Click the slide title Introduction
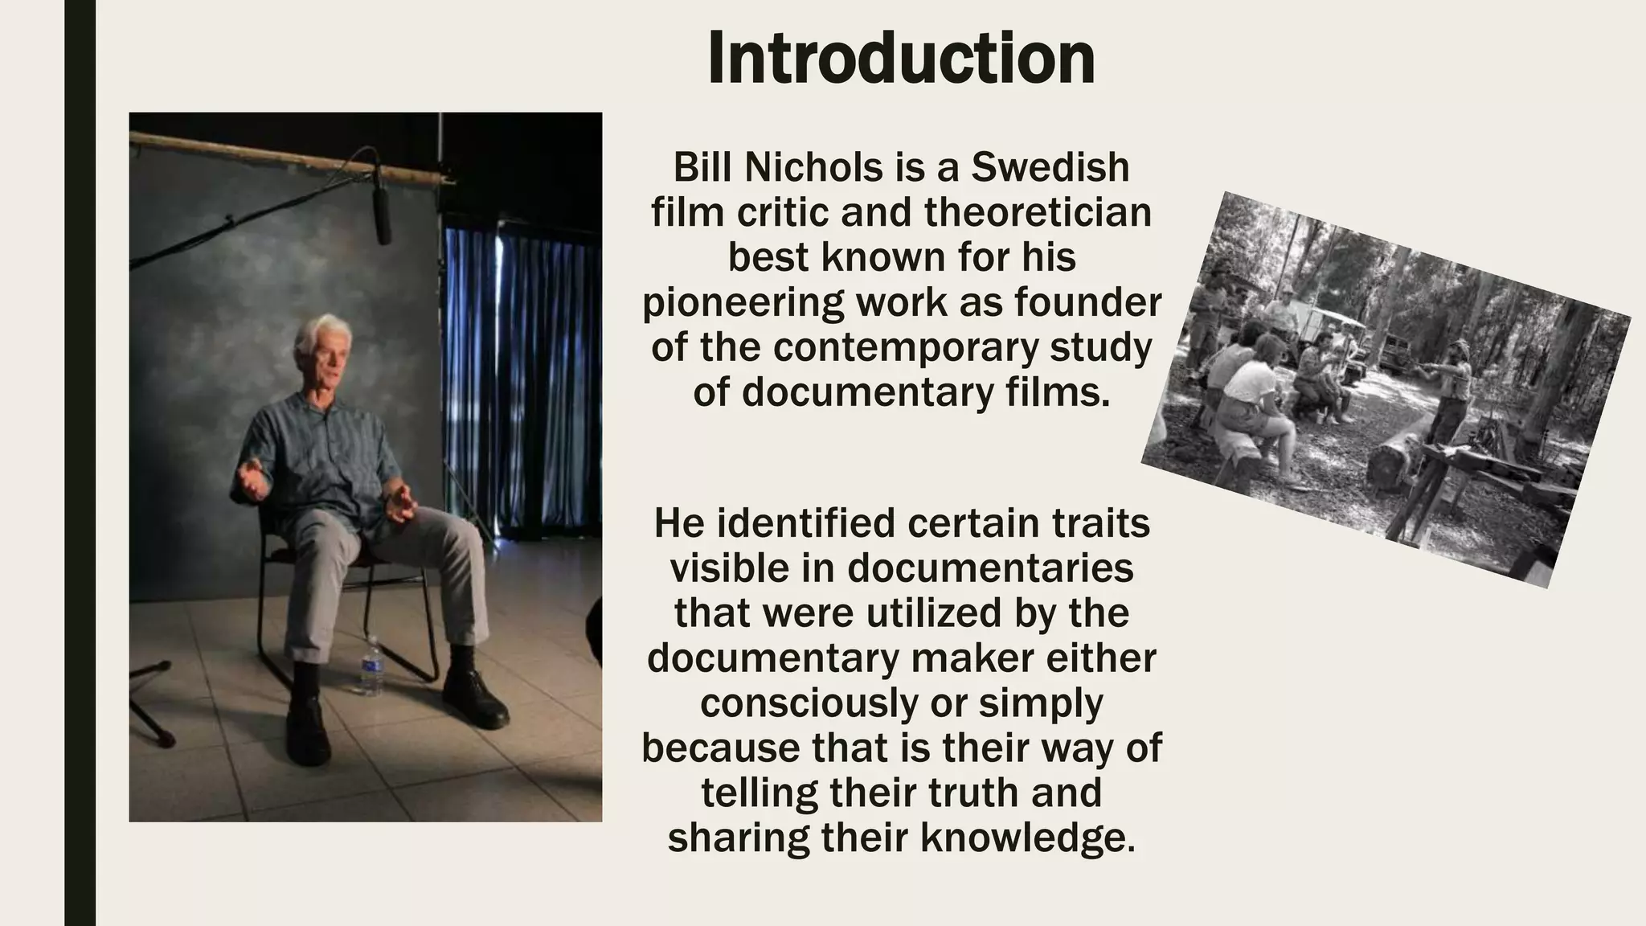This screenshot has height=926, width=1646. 901,59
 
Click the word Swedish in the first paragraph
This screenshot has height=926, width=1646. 1050,167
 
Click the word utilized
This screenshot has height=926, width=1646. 923,613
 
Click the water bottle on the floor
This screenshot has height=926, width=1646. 371,666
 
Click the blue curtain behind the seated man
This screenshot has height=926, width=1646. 522,362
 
